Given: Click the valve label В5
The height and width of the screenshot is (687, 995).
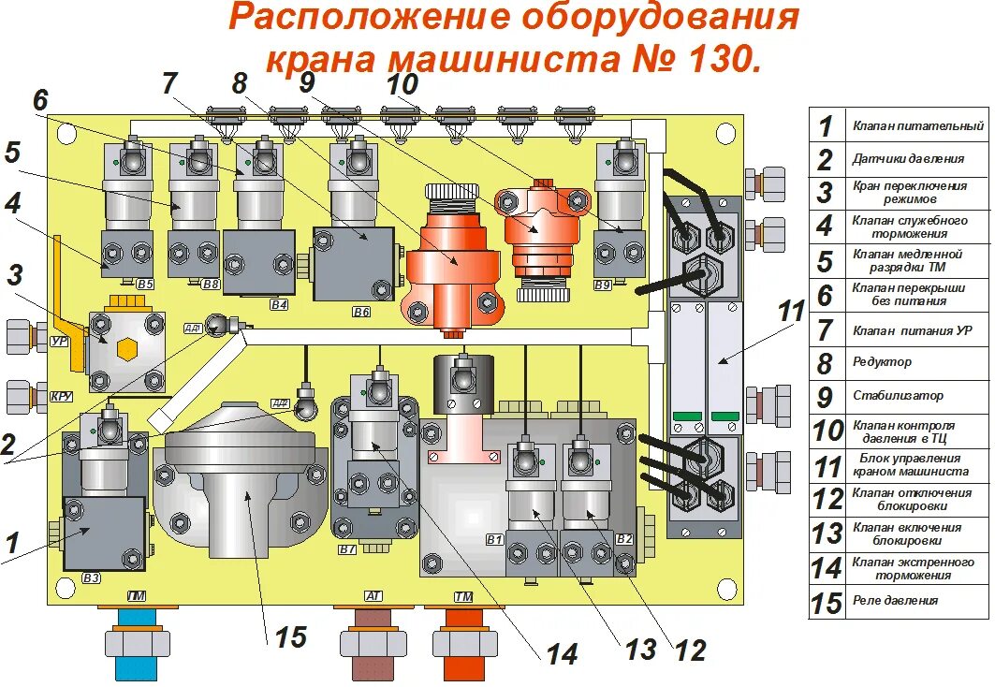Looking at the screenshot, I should tap(144, 284).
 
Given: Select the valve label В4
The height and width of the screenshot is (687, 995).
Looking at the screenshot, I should tap(278, 304).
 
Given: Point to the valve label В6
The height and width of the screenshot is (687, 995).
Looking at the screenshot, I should tap(361, 310).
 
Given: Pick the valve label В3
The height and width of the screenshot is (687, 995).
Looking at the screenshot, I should tap(91, 577).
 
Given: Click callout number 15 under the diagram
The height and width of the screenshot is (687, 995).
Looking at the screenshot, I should tap(290, 637).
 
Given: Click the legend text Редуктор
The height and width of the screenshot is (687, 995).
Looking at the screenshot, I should tap(882, 362).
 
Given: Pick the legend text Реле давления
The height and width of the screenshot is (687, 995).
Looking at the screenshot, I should tap(895, 600).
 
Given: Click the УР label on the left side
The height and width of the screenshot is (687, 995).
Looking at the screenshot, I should tap(59, 343).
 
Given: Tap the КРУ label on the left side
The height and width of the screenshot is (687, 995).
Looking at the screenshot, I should tap(62, 397).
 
